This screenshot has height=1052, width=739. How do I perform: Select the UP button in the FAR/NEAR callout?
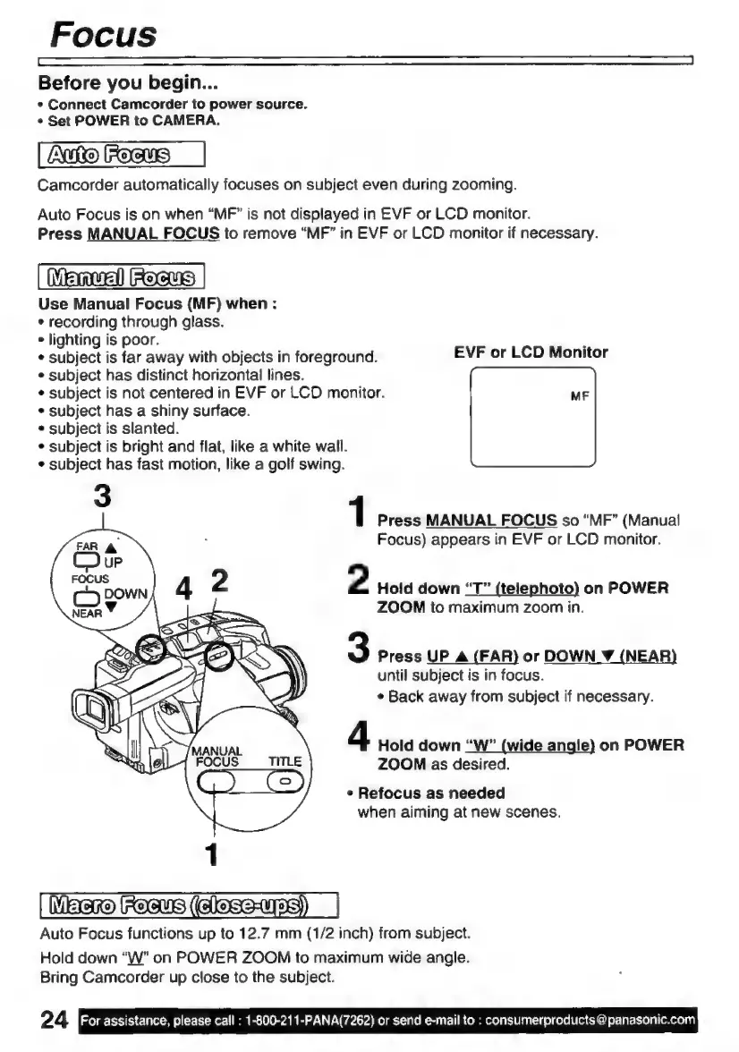(x=75, y=559)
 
